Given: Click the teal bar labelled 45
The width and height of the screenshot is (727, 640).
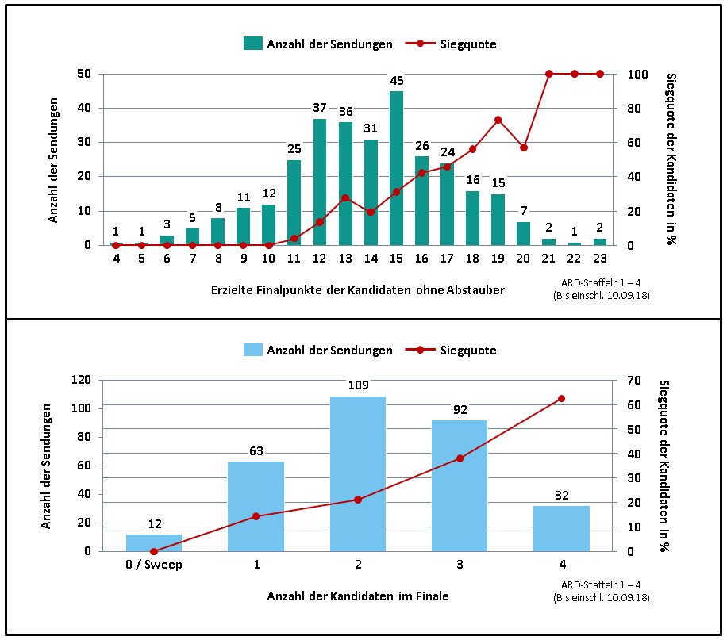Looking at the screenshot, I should point(396,168).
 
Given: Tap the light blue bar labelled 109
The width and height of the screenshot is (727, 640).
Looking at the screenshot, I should point(358,473).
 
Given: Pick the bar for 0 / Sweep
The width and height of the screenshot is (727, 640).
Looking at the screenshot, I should point(154,543).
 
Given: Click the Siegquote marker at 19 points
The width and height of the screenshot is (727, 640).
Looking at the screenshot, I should point(498,120).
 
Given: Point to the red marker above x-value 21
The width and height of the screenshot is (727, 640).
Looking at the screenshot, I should point(549,74).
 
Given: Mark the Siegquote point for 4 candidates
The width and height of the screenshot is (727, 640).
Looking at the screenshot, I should point(562,398).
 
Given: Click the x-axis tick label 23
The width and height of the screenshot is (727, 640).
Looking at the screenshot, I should point(599,258).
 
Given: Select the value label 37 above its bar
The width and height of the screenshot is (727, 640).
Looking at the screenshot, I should point(320,108).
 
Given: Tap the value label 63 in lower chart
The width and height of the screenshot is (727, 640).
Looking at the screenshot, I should point(256,451).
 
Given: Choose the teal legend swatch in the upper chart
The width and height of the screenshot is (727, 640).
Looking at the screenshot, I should point(253,44).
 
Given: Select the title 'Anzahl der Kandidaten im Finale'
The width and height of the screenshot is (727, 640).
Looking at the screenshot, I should point(358,596).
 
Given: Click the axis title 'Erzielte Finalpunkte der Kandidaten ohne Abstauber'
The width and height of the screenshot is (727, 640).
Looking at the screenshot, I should point(358,290).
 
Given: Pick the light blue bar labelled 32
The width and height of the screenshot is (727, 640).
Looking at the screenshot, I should point(562,528).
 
